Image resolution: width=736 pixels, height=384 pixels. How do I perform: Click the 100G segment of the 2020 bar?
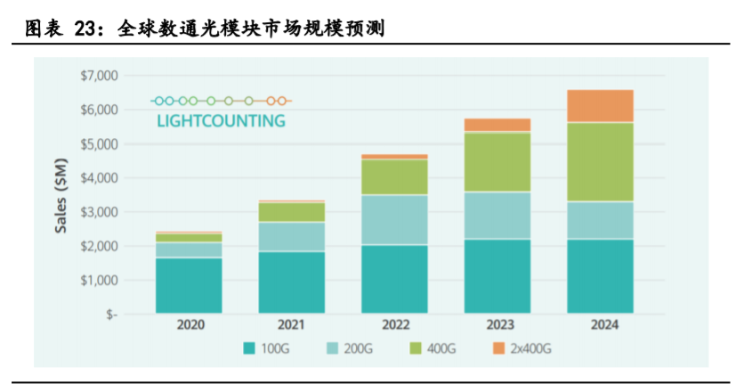[189, 285]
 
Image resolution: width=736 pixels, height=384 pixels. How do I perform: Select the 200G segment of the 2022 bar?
[394, 219]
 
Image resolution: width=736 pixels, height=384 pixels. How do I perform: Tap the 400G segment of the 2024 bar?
[600, 161]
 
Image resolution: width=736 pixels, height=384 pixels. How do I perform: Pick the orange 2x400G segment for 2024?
[600, 105]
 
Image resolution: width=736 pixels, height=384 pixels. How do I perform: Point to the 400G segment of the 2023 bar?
[497, 161]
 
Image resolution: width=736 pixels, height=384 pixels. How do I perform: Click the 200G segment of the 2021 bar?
[292, 236]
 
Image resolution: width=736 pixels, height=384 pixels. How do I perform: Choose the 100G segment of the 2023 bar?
[497, 275]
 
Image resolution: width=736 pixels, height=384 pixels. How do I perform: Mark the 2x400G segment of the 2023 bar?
[497, 125]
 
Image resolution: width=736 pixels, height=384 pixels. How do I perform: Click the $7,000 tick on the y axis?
[98, 76]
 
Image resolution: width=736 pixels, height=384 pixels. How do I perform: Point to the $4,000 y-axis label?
[98, 178]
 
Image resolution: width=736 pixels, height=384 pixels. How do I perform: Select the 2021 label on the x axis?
[292, 326]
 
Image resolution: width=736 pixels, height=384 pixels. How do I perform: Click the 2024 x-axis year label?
[600, 326]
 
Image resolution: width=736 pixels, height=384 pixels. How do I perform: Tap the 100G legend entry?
[266, 349]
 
